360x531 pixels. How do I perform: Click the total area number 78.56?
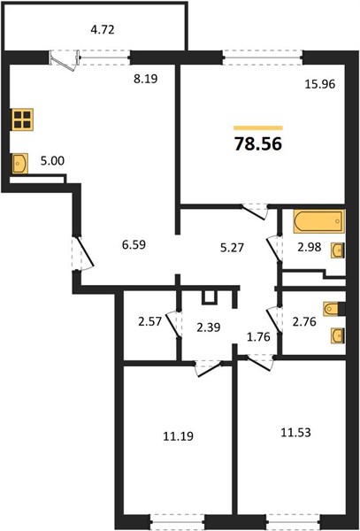pyautogui.click(x=257, y=144)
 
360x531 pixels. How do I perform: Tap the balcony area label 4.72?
pyautogui.click(x=103, y=30)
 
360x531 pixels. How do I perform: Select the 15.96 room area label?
pyautogui.click(x=319, y=84)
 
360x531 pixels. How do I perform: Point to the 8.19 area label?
pyautogui.click(x=145, y=80)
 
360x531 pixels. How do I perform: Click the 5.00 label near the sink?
pyautogui.click(x=52, y=161)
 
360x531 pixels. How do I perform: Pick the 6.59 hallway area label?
pyautogui.click(x=134, y=244)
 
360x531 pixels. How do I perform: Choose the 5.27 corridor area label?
pyautogui.click(x=232, y=248)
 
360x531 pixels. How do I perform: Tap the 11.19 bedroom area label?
pyautogui.click(x=179, y=436)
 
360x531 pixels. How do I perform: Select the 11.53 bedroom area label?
pyautogui.click(x=295, y=433)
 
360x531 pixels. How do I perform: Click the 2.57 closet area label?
pyautogui.click(x=150, y=321)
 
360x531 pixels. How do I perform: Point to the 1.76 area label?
pyautogui.click(x=258, y=337)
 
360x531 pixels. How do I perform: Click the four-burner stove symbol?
pyautogui.click(x=22, y=119)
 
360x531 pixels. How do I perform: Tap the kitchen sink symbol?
pyautogui.click(x=19, y=164)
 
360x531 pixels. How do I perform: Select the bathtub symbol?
pyautogui.click(x=318, y=221)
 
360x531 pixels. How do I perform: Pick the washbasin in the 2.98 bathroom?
pyautogui.click(x=337, y=250)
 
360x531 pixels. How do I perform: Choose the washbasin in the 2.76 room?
pyautogui.click(x=337, y=335)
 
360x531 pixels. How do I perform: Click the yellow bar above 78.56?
pyautogui.click(x=257, y=127)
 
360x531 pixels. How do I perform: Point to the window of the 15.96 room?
pyautogui.click(x=263, y=58)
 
